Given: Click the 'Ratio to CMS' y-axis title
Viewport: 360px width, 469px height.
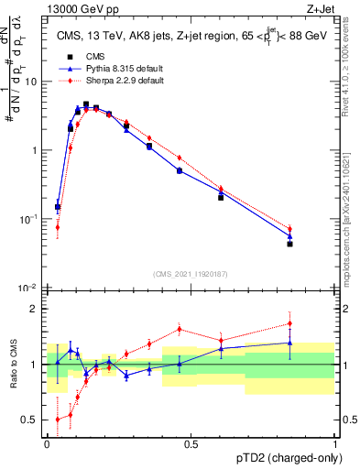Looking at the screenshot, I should click(x=16, y=365).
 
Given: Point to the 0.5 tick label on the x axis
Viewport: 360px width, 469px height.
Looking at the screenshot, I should click(x=191, y=443).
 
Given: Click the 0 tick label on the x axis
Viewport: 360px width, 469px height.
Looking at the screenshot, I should click(x=47, y=443).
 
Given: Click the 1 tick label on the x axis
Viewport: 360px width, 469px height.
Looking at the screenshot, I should click(x=335, y=443).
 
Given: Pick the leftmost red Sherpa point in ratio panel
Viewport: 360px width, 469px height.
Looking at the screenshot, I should click(x=58, y=420).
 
